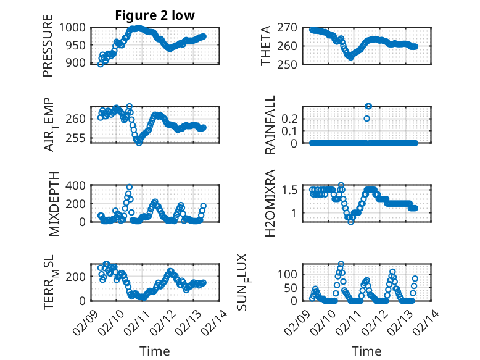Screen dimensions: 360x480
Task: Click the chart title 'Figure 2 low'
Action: tap(155, 15)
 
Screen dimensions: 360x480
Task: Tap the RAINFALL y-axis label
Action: tap(270, 125)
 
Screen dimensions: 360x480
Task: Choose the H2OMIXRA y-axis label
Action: tap(270, 203)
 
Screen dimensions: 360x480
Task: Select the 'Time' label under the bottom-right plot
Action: tap(366, 351)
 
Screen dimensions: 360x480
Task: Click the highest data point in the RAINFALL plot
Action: tap(368, 106)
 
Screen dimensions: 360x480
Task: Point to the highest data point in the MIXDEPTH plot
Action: tap(130, 187)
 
